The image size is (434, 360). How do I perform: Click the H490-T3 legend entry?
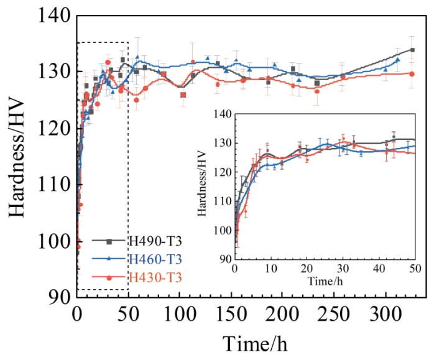(155, 241)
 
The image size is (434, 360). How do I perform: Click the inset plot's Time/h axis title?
(325, 282)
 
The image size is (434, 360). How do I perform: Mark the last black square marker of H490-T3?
(412, 50)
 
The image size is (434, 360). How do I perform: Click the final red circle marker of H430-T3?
(412, 73)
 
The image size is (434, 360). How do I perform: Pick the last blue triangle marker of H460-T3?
(397, 60)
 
